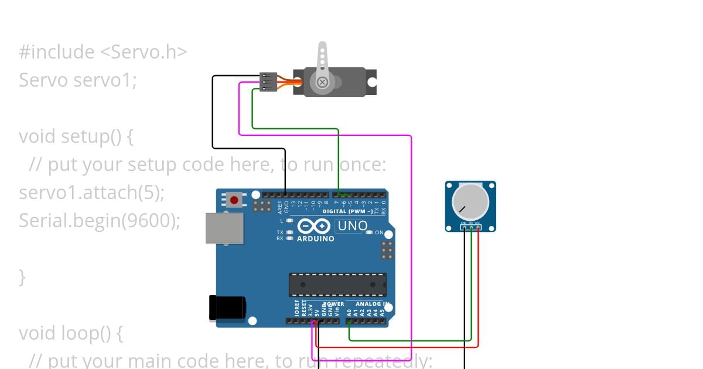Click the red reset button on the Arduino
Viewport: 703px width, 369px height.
234,200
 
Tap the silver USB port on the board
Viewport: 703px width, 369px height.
224,228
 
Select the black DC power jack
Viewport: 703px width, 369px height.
228,308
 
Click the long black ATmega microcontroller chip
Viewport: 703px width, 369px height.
337,285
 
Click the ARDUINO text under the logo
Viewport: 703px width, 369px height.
315,239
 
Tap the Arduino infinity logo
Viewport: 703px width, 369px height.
315,226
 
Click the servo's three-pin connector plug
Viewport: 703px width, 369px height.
268,82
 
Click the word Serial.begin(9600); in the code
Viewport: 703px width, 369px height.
100,221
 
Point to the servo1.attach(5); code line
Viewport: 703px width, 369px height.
92,193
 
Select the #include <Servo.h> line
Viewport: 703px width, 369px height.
103,52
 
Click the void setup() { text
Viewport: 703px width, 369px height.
76,136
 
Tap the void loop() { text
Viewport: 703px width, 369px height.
71,333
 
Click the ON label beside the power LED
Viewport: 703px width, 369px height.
379,233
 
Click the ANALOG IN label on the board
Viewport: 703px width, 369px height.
372,304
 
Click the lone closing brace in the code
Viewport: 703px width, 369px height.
22,277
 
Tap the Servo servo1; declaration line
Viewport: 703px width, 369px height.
77,80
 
